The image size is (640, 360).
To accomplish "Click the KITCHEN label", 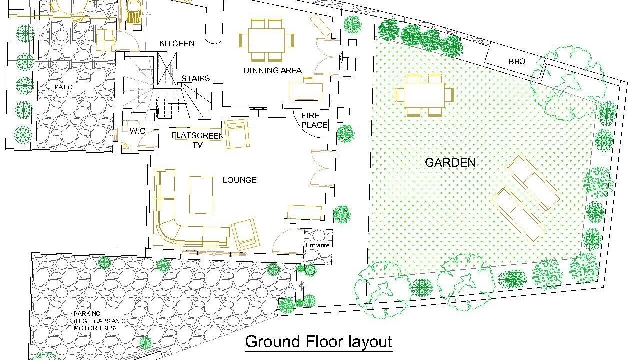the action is click(x=177, y=43).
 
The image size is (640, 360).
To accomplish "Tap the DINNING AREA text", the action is click(x=273, y=70).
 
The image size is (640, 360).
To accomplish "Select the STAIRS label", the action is click(x=195, y=78).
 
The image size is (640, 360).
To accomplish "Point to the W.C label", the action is click(x=137, y=131).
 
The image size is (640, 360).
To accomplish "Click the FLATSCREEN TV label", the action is click(x=197, y=140).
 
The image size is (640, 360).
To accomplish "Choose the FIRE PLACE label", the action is click(x=314, y=120).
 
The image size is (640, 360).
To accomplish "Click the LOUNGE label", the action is click(x=239, y=180).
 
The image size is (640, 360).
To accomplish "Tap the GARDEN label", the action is click(x=450, y=163).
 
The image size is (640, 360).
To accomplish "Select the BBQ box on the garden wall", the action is click(x=515, y=61).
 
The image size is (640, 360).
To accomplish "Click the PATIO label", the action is click(x=63, y=87).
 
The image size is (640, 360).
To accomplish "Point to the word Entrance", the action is click(x=317, y=245).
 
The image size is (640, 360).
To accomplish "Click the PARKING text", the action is click(x=87, y=313).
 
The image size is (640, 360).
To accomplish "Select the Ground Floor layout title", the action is click(x=318, y=342).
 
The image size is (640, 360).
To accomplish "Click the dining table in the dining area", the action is click(x=266, y=40).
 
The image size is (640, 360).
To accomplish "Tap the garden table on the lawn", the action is click(x=424, y=95).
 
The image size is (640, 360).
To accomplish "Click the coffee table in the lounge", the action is click(x=201, y=195).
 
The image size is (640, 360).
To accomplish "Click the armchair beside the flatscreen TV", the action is click(x=237, y=133).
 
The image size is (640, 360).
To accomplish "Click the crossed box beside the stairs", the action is click(x=167, y=68).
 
